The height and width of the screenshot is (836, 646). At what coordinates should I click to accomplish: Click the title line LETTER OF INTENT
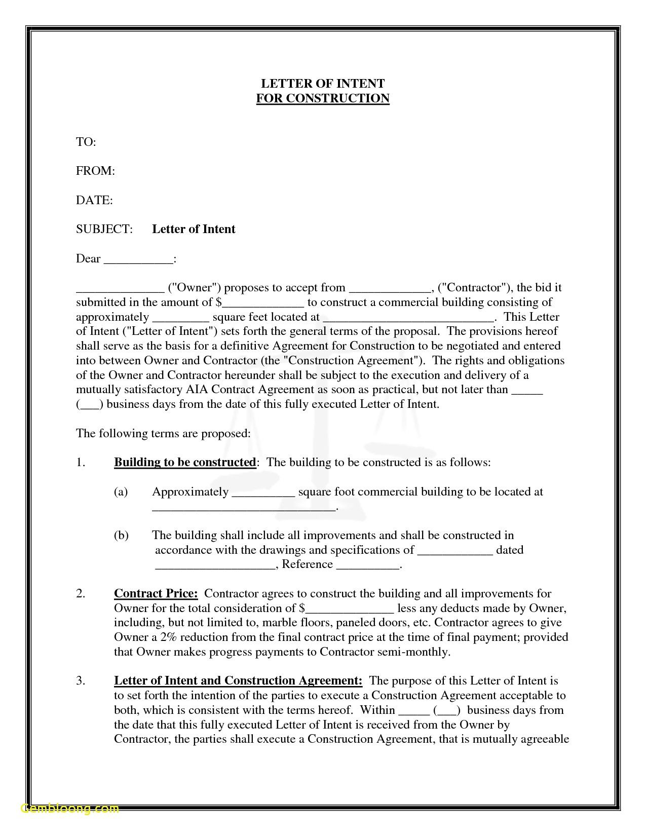(x=323, y=84)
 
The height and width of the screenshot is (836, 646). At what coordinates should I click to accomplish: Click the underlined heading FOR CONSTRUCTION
(x=323, y=98)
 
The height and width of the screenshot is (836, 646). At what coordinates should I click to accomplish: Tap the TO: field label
(x=86, y=142)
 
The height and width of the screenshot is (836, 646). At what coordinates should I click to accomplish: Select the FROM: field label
(x=96, y=171)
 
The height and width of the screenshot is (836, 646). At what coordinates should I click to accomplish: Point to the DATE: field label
(x=94, y=201)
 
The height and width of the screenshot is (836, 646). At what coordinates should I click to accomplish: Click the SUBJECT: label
(x=104, y=230)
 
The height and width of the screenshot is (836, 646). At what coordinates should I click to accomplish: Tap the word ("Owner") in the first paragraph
(x=194, y=288)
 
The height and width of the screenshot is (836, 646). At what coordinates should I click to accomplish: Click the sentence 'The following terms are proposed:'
(x=163, y=434)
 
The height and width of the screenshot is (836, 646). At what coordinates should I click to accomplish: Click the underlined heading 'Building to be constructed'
(x=185, y=463)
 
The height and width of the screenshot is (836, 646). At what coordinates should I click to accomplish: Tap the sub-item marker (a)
(x=121, y=492)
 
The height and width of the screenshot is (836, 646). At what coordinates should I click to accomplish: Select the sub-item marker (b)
(x=121, y=536)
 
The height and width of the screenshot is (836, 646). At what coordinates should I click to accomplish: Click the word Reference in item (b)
(x=307, y=564)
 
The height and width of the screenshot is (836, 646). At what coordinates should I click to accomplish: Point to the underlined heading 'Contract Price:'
(x=156, y=594)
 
